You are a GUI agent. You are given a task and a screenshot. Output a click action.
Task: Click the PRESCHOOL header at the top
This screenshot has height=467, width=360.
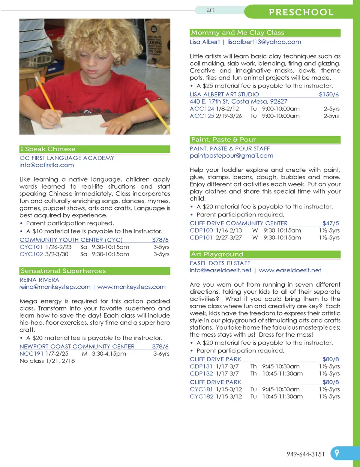[301, 12]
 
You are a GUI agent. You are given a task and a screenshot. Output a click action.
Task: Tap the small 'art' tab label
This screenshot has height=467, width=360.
[210, 10]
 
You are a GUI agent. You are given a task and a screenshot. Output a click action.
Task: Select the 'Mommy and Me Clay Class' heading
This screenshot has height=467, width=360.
[238, 33]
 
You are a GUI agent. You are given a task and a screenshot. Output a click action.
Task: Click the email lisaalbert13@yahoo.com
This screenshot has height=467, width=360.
[264, 42]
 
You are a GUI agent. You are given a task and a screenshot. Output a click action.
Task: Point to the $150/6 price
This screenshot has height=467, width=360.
[328, 95]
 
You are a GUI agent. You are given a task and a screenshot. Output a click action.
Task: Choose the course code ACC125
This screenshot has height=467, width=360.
[202, 116]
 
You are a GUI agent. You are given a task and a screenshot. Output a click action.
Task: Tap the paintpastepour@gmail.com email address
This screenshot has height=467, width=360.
[231, 156]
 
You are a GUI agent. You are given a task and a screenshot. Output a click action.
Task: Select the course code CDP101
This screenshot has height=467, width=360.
[201, 237]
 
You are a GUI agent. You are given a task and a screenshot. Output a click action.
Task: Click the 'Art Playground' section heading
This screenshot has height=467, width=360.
[217, 254]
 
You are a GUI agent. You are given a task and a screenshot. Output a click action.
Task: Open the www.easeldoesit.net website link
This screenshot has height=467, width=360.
[290, 270]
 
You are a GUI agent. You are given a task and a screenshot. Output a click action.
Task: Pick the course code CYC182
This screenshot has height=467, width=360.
[201, 396]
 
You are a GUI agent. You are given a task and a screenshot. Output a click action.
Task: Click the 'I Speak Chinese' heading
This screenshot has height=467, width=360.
[48, 149]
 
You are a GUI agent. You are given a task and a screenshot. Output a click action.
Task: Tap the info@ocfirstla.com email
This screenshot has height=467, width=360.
[46, 165]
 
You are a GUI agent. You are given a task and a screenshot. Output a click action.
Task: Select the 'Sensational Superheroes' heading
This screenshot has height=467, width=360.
[63, 271]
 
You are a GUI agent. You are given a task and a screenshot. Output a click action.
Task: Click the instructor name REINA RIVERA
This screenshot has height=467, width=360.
[39, 280]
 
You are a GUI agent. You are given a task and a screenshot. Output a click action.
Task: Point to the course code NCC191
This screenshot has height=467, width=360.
[31, 354]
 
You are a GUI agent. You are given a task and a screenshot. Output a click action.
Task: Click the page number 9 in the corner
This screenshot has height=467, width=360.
[336, 453]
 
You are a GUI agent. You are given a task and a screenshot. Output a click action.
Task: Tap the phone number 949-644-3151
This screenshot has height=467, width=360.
[305, 454]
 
